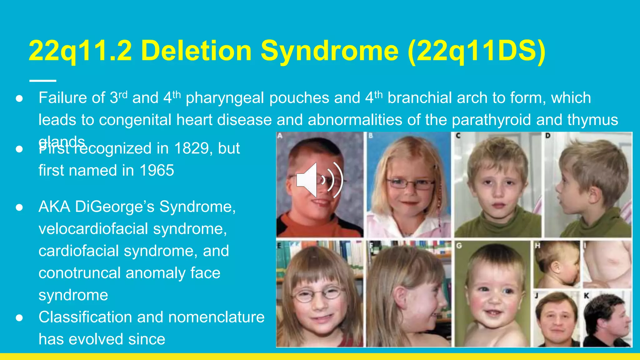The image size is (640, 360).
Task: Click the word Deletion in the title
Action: pyautogui.click(x=196, y=51)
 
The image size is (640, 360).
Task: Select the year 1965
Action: pyautogui.click(x=157, y=171)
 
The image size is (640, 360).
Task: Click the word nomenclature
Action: pyautogui.click(x=216, y=317)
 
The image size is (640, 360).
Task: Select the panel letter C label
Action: pyautogui.click(x=458, y=136)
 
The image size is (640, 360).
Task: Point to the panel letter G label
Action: pyautogui.click(x=459, y=246)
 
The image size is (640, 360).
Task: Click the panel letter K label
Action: pyautogui.click(x=586, y=295)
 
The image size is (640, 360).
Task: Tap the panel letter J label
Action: pyautogui.click(x=537, y=295)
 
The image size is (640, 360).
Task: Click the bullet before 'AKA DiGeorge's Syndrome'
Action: pyautogui.click(x=19, y=207)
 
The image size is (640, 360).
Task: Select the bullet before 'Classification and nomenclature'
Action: pyautogui.click(x=19, y=318)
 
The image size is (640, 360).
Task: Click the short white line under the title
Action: pyautogui.click(x=43, y=81)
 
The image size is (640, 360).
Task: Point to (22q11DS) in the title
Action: pyautogui.click(x=477, y=51)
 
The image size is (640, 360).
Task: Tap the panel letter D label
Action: pyautogui.click(x=548, y=136)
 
